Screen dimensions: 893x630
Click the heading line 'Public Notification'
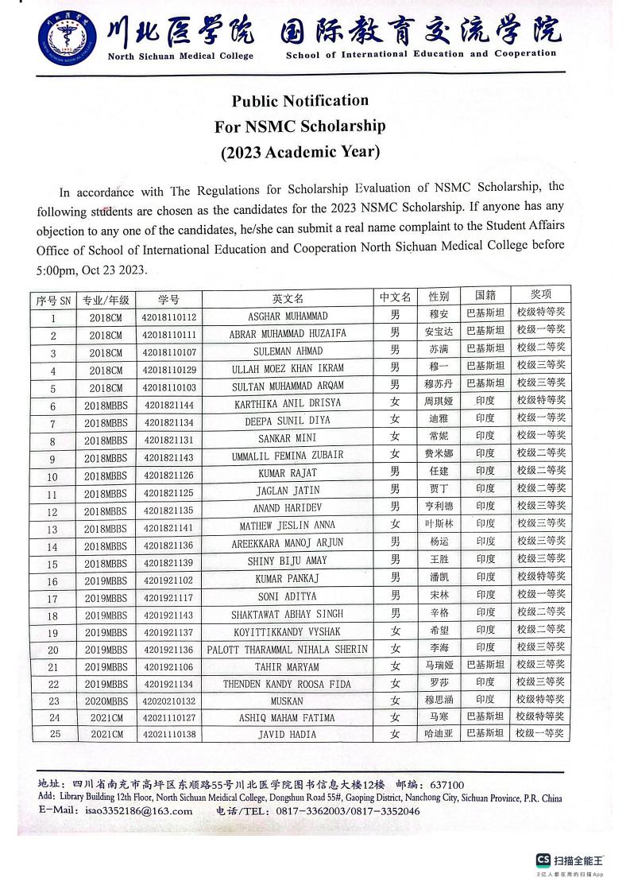[300, 101]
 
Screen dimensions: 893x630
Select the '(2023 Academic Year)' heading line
[300, 152]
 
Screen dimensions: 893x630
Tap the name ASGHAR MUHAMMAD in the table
[288, 316]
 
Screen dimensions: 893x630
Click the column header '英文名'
[288, 299]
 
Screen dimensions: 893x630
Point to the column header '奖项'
[540, 294]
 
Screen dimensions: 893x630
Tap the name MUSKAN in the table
[288, 701]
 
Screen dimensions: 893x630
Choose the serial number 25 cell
[54, 735]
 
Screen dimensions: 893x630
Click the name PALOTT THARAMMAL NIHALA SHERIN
[288, 649]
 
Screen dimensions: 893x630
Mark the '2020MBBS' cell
[106, 701]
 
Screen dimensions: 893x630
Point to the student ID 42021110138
[169, 735]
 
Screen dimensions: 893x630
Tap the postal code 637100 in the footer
[446, 784]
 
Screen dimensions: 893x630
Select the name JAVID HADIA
[288, 735]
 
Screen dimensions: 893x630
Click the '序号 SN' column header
[54, 301]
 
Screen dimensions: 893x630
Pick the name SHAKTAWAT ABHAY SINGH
[288, 614]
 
